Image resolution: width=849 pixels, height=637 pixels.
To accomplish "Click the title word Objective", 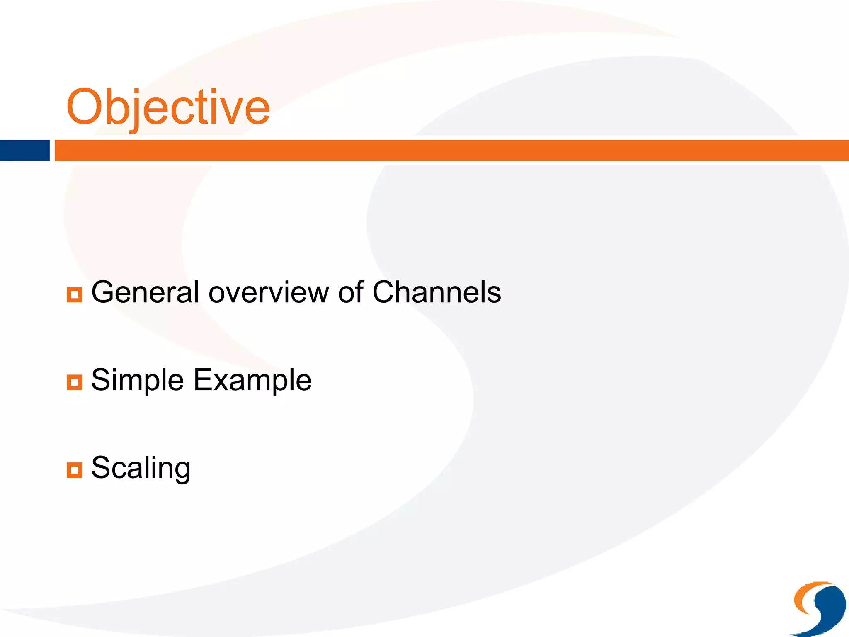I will pyautogui.click(x=168, y=108).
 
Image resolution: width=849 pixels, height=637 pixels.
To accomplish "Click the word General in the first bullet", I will pyautogui.click(x=145, y=292).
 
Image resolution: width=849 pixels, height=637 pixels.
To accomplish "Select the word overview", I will pyautogui.click(x=269, y=293).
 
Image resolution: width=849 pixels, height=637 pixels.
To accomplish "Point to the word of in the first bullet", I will pyautogui.click(x=351, y=292).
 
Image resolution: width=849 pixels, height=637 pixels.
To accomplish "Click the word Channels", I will pyautogui.click(x=437, y=292).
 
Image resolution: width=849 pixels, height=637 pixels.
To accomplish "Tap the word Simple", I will pyautogui.click(x=137, y=381).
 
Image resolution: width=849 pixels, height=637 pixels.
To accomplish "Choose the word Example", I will pyautogui.click(x=252, y=381).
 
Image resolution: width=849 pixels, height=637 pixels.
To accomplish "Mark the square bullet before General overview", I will pyautogui.click(x=75, y=294).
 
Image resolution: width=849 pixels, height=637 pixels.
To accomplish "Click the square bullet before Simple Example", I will pyautogui.click(x=75, y=382).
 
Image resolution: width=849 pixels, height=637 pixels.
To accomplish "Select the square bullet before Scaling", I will pyautogui.click(x=75, y=470).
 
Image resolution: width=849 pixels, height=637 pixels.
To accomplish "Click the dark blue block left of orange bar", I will pyautogui.click(x=24, y=151).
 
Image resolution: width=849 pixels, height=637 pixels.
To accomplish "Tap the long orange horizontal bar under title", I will pyautogui.click(x=452, y=151).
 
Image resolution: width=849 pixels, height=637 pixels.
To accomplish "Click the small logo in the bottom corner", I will pyautogui.click(x=819, y=608).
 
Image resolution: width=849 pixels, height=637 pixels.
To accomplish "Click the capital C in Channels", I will pyautogui.click(x=385, y=292).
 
